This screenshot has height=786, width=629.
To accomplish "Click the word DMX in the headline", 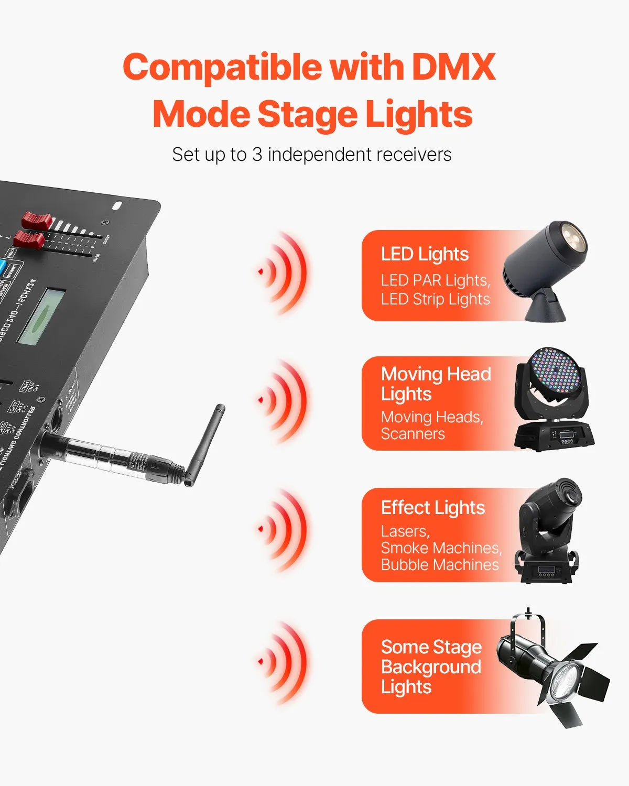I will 454,67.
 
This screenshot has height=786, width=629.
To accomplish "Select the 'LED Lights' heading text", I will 425,254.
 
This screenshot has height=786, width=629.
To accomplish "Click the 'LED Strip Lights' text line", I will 435,299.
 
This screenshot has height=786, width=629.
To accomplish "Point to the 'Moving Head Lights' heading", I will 436,384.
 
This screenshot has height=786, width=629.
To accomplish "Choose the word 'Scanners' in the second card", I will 413,434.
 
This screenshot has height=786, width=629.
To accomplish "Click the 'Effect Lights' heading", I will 432,508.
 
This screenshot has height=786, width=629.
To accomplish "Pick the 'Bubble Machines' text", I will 440,565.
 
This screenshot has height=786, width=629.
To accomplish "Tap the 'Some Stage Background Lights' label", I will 431,667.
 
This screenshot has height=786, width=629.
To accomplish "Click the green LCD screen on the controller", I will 41,316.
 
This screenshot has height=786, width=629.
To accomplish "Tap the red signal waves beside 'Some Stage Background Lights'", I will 283,662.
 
